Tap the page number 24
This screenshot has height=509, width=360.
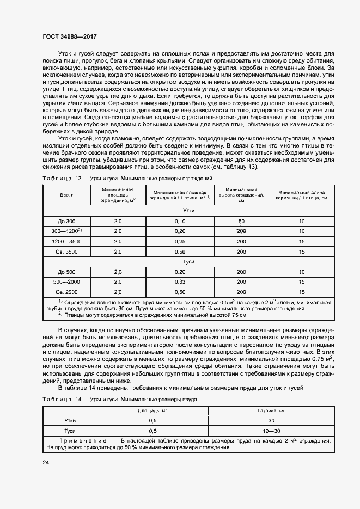46,462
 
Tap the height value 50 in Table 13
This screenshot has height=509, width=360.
241,222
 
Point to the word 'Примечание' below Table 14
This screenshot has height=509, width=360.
82,440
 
